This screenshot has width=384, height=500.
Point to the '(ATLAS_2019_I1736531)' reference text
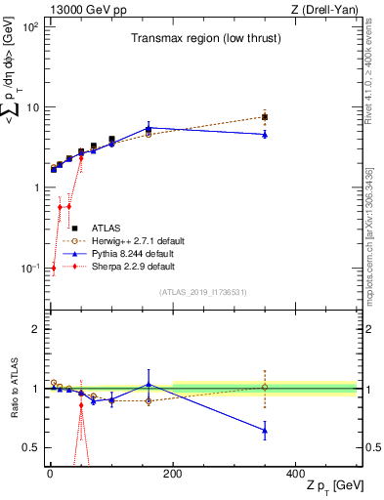(202, 292)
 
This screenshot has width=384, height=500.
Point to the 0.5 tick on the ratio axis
(31, 447)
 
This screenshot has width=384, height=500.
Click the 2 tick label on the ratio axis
(35, 329)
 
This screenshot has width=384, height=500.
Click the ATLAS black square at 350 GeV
(265, 117)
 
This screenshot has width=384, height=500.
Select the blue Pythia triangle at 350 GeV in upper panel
(265, 135)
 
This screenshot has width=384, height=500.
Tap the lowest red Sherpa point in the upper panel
(53, 268)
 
